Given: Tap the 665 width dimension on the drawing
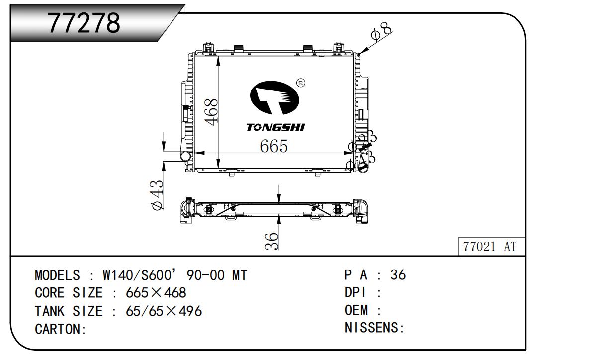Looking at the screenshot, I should [274, 146].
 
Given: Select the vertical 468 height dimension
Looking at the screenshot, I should [212, 112].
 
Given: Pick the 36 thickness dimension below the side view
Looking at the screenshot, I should [271, 241].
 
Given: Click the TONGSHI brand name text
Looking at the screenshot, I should [275, 127].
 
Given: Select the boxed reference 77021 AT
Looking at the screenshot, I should [490, 247].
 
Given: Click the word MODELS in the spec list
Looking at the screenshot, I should [57, 275].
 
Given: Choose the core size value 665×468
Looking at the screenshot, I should [157, 293].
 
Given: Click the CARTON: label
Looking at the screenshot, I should [61, 329].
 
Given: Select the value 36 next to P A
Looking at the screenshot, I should [398, 274].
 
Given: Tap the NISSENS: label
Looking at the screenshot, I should [374, 329].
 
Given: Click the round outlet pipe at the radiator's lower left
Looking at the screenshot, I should [185, 157].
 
